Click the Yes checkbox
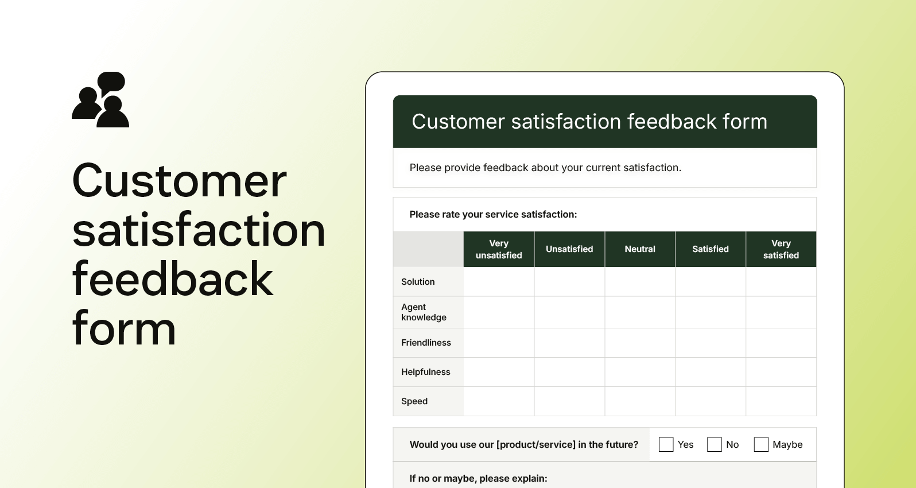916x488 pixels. point(666,444)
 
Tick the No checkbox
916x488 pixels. point(714,444)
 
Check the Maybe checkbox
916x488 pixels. point(761,444)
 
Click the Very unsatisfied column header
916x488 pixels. point(499,249)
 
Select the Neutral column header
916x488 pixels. point(640,249)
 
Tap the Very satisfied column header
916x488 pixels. point(781,249)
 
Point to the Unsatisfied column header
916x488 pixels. point(569,249)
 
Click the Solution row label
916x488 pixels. point(418,282)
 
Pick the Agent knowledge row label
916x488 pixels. point(424,312)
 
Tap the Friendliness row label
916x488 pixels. point(426,343)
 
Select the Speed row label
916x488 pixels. point(414,401)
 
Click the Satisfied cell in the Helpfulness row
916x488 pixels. point(711,372)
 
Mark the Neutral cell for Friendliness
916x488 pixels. point(640,343)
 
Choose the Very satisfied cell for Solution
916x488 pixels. point(781,282)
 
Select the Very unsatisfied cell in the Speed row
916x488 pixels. point(499,401)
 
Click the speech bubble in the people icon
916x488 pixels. point(111,82)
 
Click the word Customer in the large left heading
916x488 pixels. point(179,181)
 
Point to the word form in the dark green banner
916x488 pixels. point(744,122)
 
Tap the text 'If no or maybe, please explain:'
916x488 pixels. point(478,478)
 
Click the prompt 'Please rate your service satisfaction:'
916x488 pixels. point(493,214)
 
